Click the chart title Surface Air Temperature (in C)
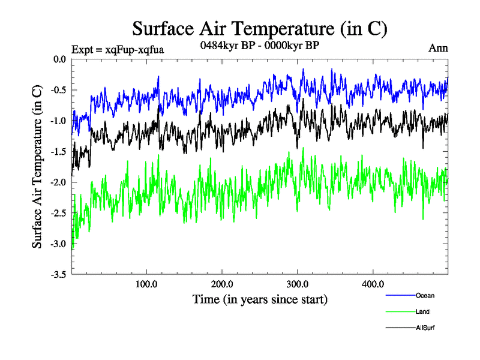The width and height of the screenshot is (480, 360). [259, 28]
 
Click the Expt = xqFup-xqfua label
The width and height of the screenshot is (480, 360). [118, 49]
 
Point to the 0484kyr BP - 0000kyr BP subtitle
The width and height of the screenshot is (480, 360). [259, 45]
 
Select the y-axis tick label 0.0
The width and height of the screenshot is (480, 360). [59, 59]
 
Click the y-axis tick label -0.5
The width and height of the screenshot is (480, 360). [58, 91]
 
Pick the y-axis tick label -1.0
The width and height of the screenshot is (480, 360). [58, 121]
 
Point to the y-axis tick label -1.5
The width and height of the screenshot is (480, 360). [58, 152]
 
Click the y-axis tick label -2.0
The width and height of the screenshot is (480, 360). [58, 182]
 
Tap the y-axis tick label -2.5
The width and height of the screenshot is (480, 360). [58, 214]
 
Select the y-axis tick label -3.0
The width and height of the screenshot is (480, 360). [58, 244]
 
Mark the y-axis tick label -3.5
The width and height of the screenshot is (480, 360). [58, 275]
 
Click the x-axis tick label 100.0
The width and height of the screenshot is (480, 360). [146, 284]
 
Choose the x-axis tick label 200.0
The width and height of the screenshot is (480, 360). [222, 284]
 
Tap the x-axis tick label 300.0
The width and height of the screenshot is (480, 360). [298, 284]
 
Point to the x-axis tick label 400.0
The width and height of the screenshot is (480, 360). [373, 284]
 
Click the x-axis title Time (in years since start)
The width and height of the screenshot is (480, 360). [260, 298]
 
